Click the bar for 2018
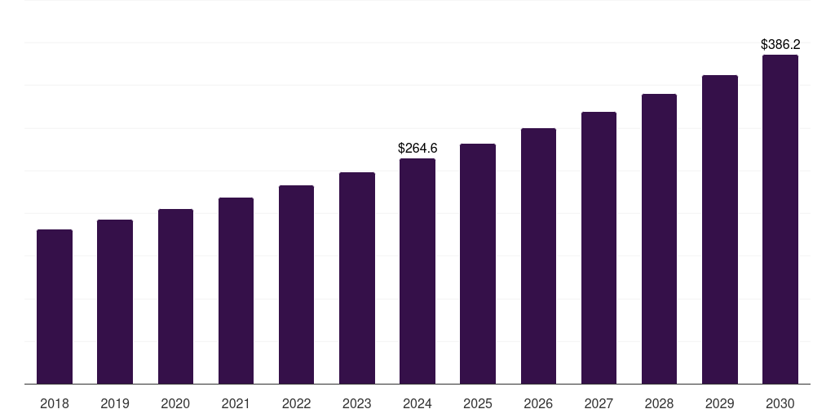[x=55, y=306]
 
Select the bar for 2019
[x=115, y=301]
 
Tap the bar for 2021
[x=236, y=291]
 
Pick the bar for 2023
[x=357, y=278]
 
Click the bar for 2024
[x=417, y=271]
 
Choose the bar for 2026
[x=538, y=256]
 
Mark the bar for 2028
[x=659, y=238]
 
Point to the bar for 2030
[x=780, y=219]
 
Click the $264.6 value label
[x=417, y=148]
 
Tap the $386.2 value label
[x=780, y=44]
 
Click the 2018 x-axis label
[x=55, y=403]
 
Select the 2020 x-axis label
[x=175, y=403]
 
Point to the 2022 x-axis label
[x=296, y=403]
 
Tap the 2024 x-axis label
[x=417, y=403]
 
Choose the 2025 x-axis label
[x=478, y=403]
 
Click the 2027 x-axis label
[x=599, y=403]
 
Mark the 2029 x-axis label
[x=720, y=403]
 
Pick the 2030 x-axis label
[x=780, y=403]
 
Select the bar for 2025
[x=478, y=264]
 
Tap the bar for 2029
[x=720, y=229]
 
